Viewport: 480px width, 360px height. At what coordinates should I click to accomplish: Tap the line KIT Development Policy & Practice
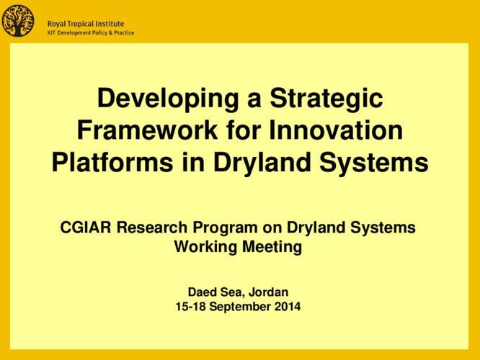(x=90, y=32)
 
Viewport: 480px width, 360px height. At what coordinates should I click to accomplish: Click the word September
(x=241, y=307)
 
